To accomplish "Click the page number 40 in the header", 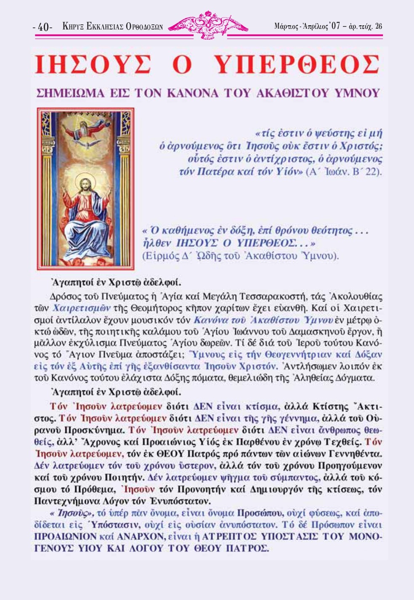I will click(43, 27).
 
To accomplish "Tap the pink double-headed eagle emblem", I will click(208, 25).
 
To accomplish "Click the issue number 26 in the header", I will click(379, 26).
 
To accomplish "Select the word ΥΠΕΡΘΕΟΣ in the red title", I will click(296, 65).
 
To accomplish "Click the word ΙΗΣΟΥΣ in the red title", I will click(93, 65).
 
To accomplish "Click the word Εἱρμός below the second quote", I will click(160, 256).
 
